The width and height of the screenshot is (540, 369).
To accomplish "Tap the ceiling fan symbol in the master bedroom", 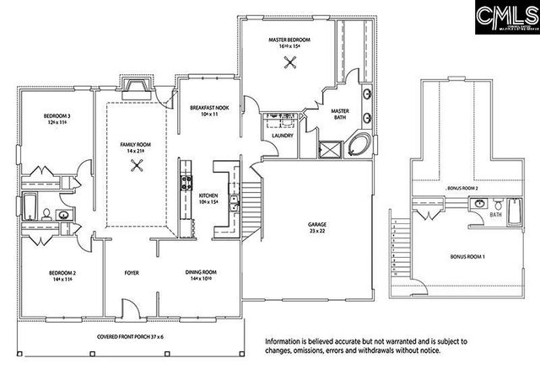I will click(x=291, y=61).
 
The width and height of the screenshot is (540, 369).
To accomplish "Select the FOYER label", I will click(x=132, y=273).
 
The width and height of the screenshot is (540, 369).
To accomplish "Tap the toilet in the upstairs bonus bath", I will click(x=500, y=205).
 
